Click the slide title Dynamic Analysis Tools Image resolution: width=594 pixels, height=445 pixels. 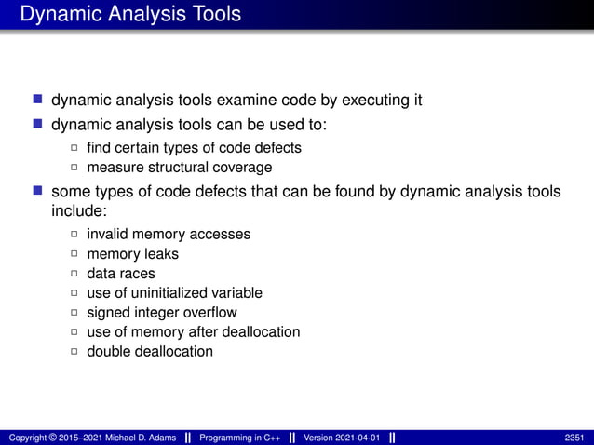pyautogui.click(x=130, y=14)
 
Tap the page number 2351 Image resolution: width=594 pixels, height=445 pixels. pyautogui.click(x=574, y=438)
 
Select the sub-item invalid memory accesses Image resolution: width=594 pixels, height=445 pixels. pyautogui.click(x=169, y=234)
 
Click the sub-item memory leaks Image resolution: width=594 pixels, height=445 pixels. pyautogui.click(x=132, y=253)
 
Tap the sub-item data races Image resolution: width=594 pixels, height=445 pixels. pyautogui.click(x=121, y=273)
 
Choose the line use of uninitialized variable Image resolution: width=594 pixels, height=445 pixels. pyautogui.click(x=174, y=292)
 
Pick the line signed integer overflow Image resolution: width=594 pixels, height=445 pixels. pyautogui.click(x=162, y=312)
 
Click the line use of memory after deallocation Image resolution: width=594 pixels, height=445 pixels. pyautogui.click(x=193, y=331)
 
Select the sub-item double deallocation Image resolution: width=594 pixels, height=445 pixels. pyautogui.click(x=150, y=351)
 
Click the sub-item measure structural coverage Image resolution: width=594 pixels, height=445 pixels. pyautogui.click(x=180, y=168)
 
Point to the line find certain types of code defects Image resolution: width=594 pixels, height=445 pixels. pyautogui.click(x=194, y=148)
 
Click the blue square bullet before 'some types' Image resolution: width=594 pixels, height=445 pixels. pyautogui.click(x=38, y=191)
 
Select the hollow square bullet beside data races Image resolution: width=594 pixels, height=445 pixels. pyautogui.click(x=74, y=274)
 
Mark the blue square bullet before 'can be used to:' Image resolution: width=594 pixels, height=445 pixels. pyautogui.click(x=38, y=123)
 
